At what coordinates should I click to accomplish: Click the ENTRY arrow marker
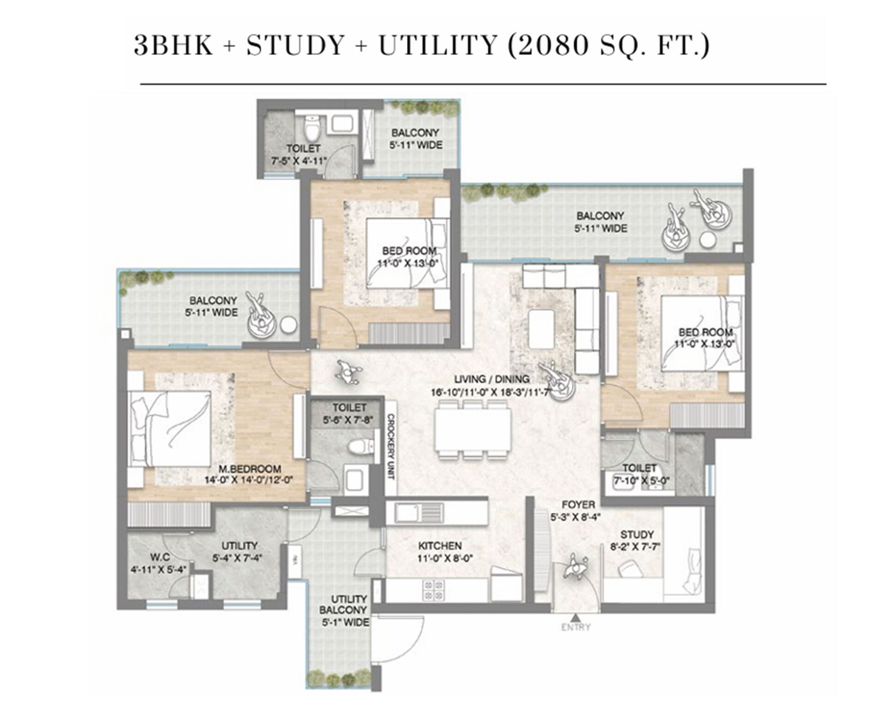[x=575, y=617]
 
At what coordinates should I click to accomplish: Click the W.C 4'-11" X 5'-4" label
[x=158, y=562]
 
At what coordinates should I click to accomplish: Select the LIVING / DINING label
[x=492, y=379]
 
